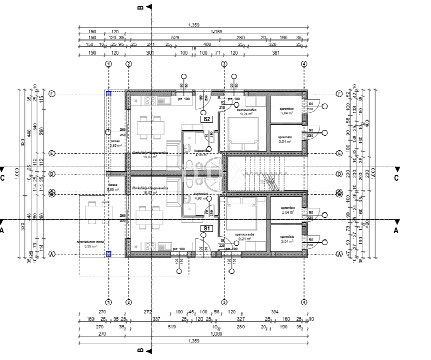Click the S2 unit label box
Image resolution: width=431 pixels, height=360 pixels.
[207, 119]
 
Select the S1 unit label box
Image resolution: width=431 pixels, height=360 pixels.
[207, 228]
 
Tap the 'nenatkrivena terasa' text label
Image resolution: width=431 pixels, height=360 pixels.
[91, 242]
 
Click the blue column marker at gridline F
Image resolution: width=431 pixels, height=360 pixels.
[109, 94]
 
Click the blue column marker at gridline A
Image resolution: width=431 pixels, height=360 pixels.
[109, 254]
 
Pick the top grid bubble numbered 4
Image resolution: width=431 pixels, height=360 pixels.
[304, 64]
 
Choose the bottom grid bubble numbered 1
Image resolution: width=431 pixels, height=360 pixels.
[109, 302]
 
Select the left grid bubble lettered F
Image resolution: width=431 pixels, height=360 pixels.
[52, 94]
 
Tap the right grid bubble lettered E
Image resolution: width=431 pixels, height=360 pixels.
[339, 153]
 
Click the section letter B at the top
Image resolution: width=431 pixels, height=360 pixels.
[140, 7]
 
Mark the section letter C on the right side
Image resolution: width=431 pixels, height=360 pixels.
[396, 178]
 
